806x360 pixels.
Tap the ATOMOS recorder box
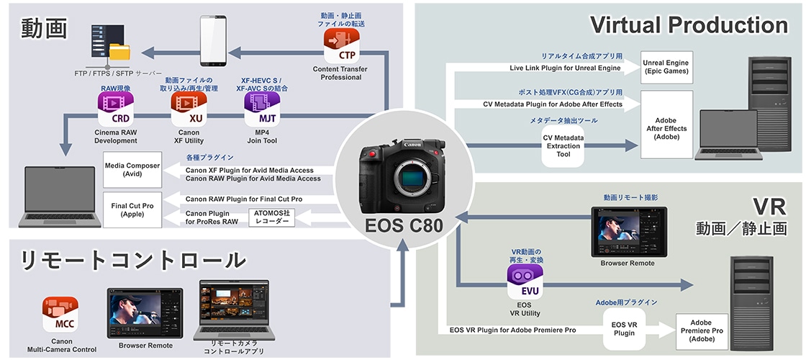(271, 217)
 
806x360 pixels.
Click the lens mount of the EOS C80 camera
(404, 176)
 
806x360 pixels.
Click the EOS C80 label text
(403, 225)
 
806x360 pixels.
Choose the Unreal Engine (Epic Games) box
(666, 67)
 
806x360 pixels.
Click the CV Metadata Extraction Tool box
(563, 145)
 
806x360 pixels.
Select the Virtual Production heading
(689, 26)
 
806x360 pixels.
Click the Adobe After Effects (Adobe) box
(666, 123)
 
